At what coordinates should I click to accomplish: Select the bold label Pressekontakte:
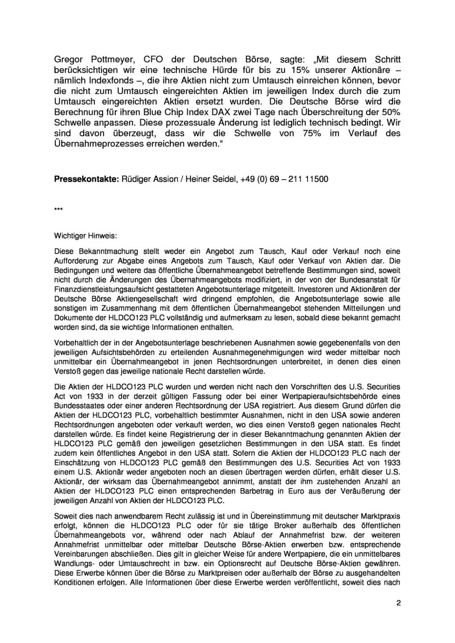(x=87, y=180)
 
